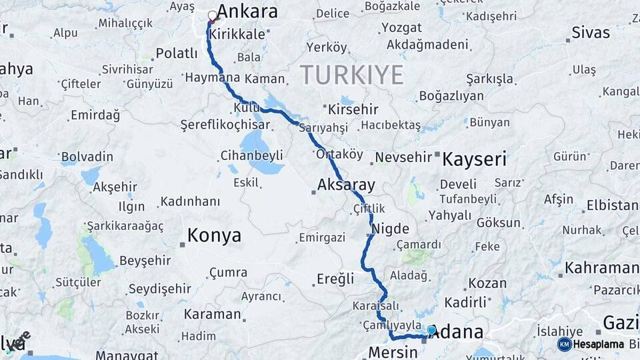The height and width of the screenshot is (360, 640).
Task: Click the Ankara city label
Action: (x=247, y=11)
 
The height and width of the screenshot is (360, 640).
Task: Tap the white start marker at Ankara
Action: (x=213, y=15)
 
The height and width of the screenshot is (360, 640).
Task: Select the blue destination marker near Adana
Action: (x=431, y=330)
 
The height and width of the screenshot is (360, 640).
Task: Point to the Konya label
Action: (x=214, y=235)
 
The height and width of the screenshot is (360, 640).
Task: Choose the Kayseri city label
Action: (x=474, y=159)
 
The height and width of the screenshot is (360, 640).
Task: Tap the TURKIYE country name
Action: (x=351, y=75)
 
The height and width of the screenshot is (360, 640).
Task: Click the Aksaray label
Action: (x=346, y=185)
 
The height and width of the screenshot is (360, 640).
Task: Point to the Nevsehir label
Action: (x=403, y=157)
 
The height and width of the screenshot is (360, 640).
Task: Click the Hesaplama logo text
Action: (x=599, y=345)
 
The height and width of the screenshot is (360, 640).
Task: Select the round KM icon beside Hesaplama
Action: (x=565, y=344)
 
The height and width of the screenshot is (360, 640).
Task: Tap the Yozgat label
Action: (x=401, y=28)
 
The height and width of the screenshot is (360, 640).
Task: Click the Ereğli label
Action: (x=335, y=279)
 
